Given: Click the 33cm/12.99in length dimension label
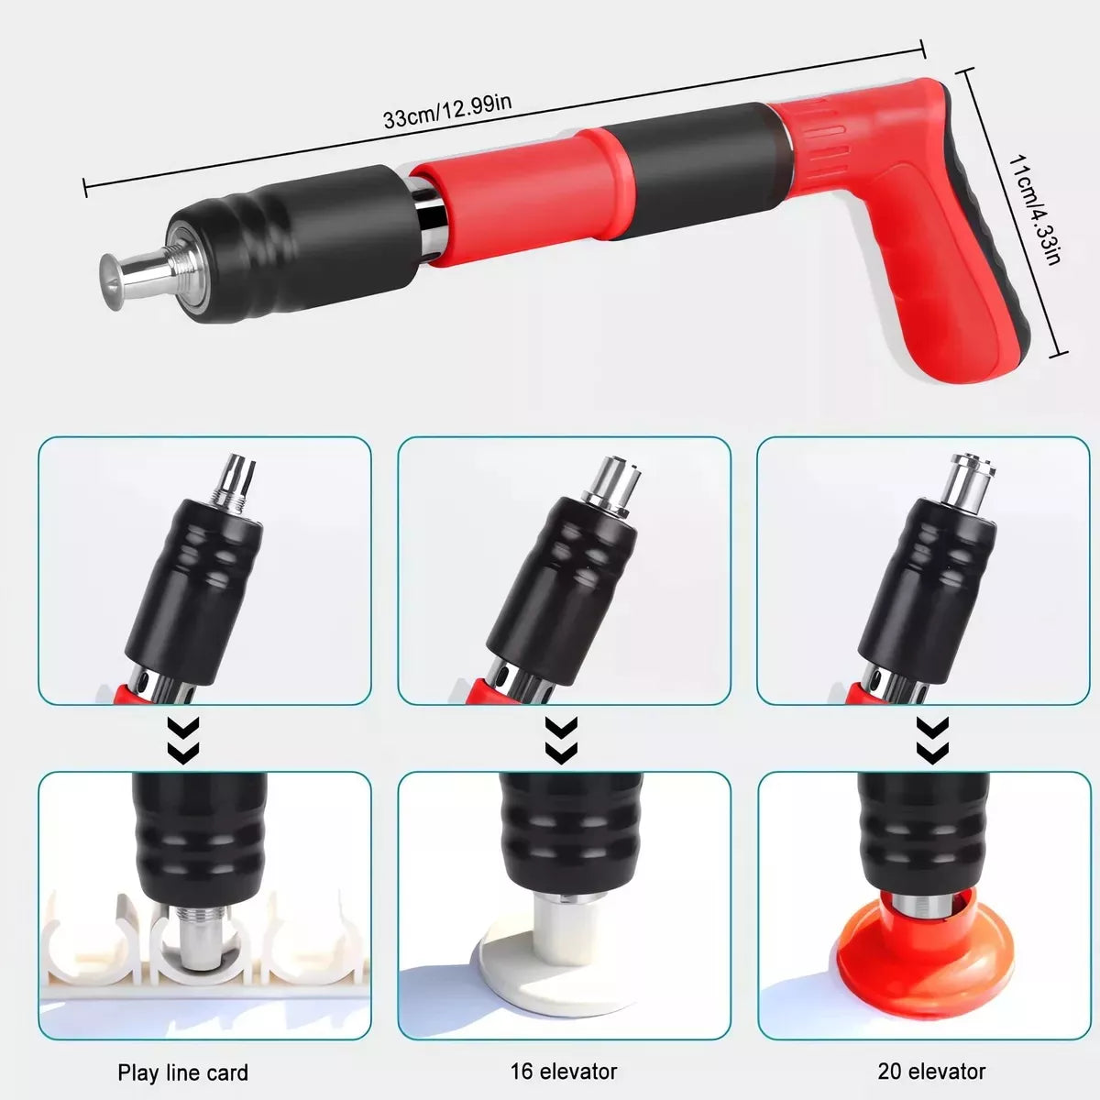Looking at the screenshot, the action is pos(447,112).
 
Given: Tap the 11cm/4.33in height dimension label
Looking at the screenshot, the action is pos(1034,210).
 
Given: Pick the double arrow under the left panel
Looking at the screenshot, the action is pos(182,740).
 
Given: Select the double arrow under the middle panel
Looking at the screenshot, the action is pos(562,740).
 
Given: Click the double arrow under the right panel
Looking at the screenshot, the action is pos(932,740).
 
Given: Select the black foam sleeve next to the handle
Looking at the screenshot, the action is pos(702,166).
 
